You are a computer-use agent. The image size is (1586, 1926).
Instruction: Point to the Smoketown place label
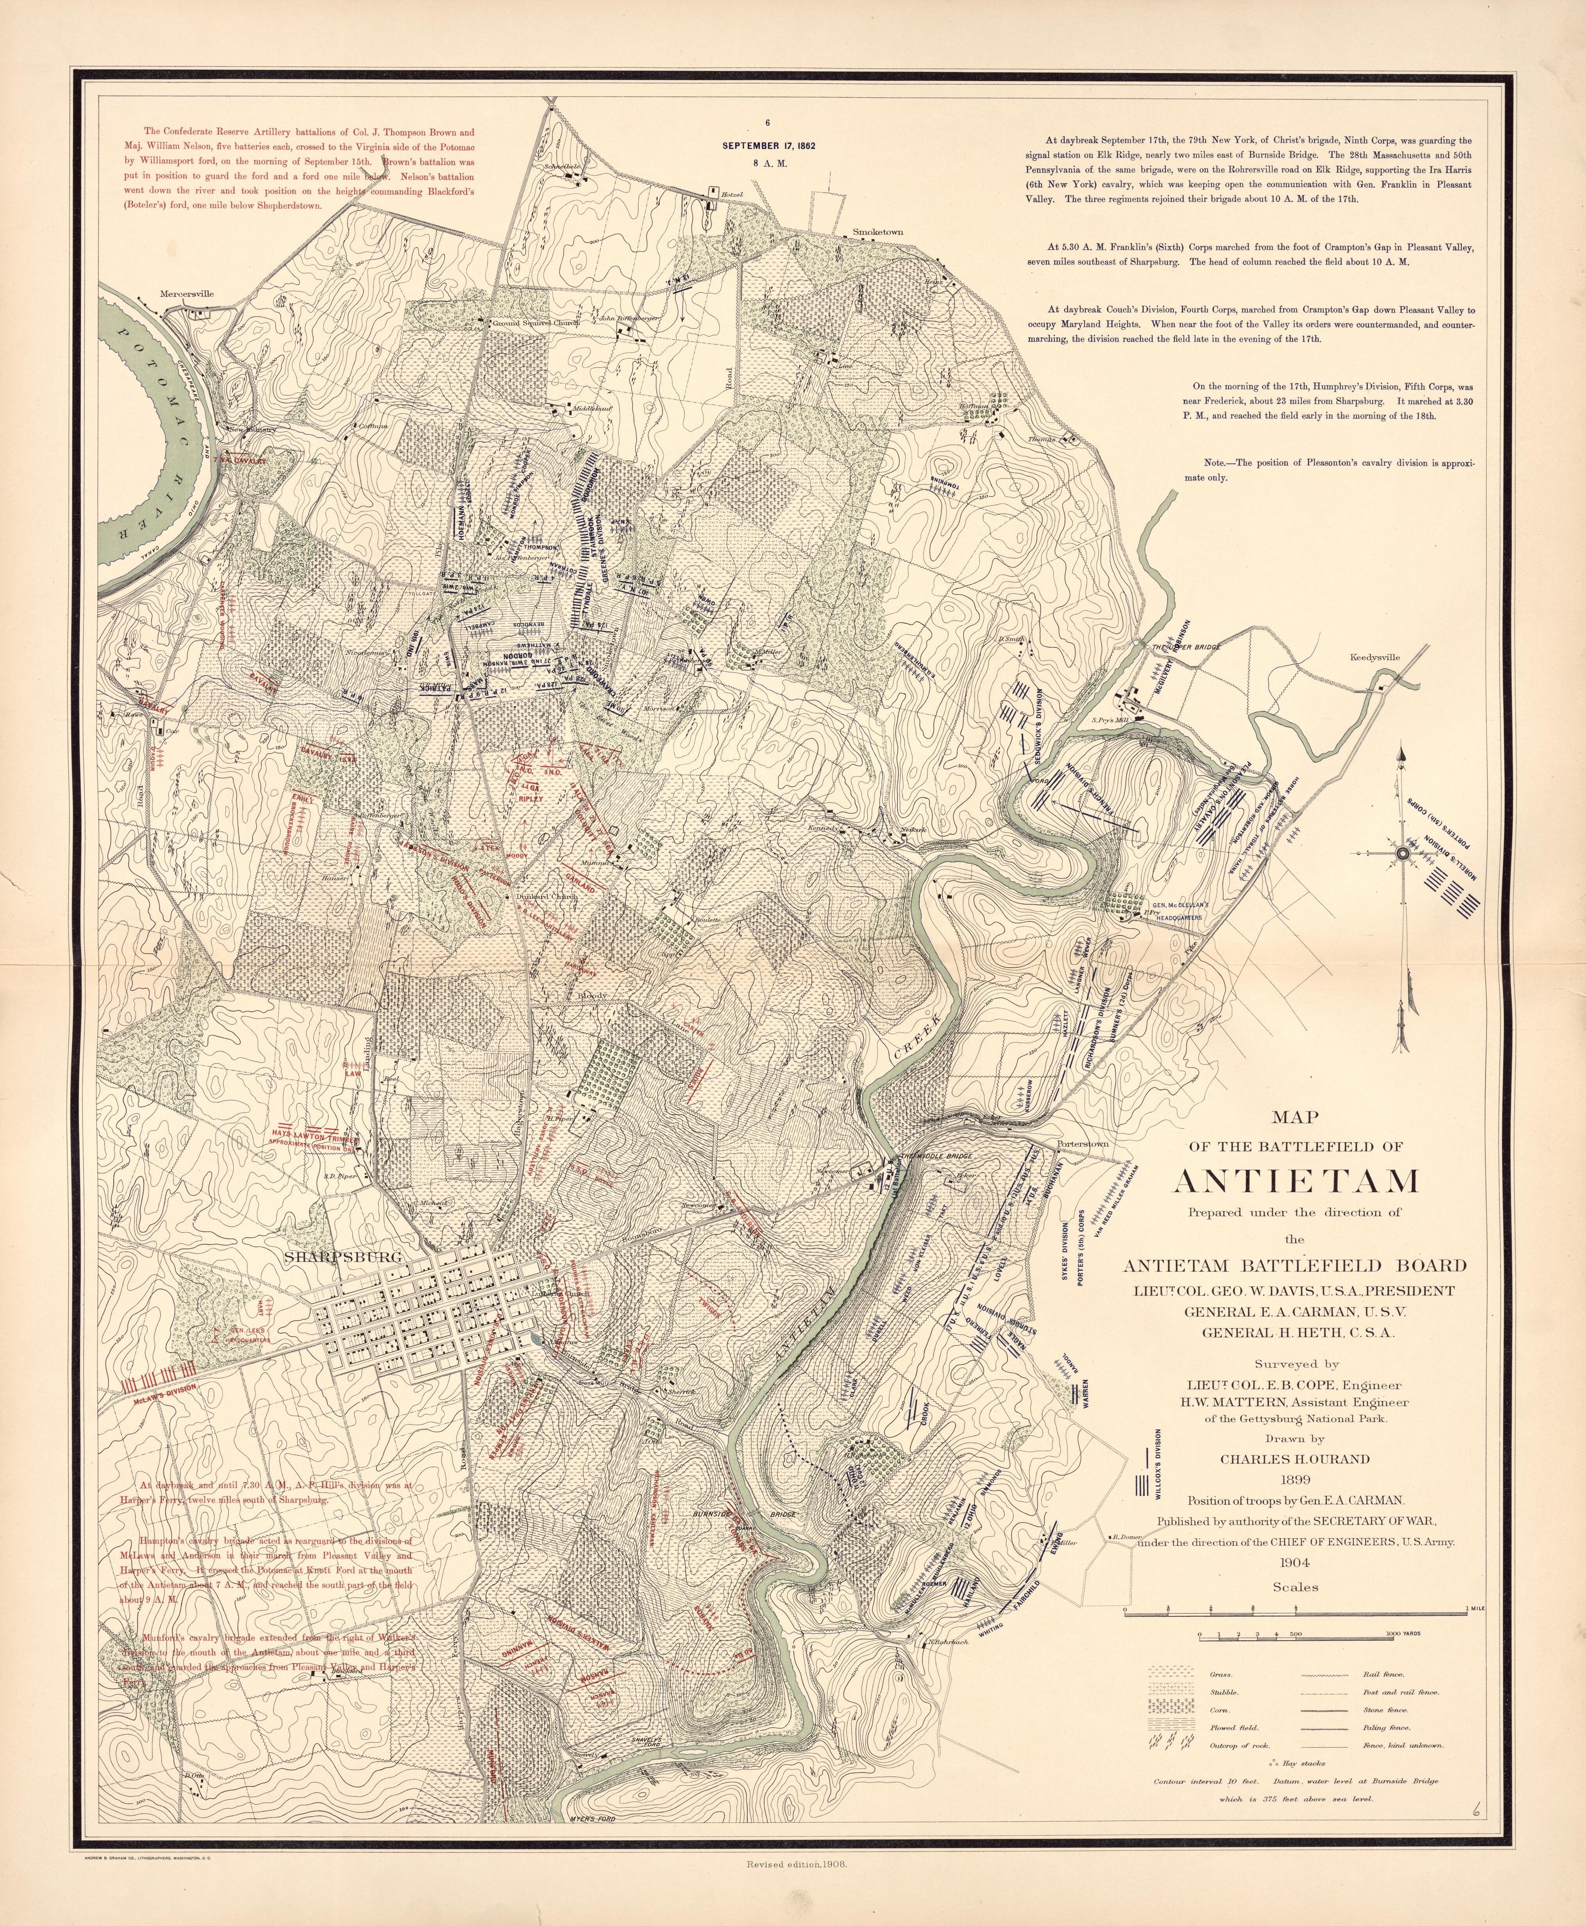click(x=877, y=232)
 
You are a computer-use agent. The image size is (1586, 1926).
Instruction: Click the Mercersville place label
click(x=186, y=294)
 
